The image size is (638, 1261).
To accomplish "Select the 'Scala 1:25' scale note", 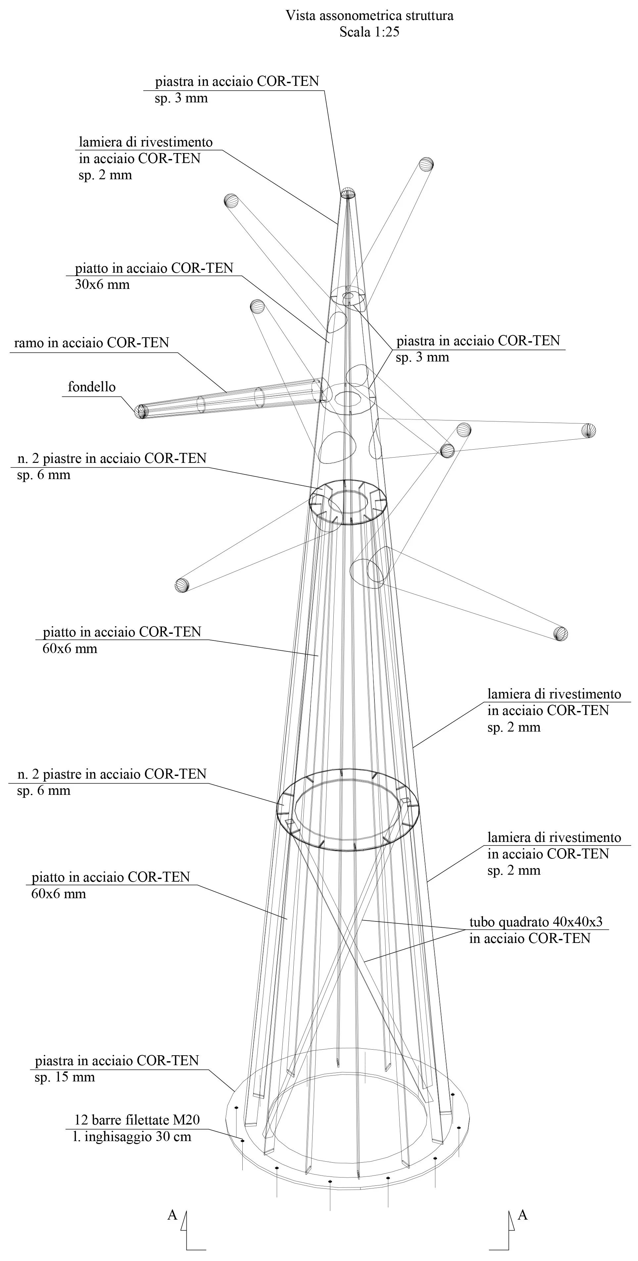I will click(369, 32).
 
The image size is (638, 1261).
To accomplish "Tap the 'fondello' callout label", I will click(91, 387).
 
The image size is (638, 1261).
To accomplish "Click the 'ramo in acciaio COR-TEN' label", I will click(91, 343).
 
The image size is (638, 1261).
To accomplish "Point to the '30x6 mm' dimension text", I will click(102, 285).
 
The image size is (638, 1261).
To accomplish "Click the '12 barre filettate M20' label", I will click(137, 1120).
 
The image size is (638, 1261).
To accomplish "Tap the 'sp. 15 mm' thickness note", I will click(65, 1077).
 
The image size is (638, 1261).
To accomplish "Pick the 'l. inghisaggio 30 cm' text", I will click(132, 1137).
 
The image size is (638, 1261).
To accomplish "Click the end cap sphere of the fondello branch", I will click(141, 411).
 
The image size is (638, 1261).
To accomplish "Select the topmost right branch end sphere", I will click(426, 164).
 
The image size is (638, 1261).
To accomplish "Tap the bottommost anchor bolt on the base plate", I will click(330, 1182).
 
